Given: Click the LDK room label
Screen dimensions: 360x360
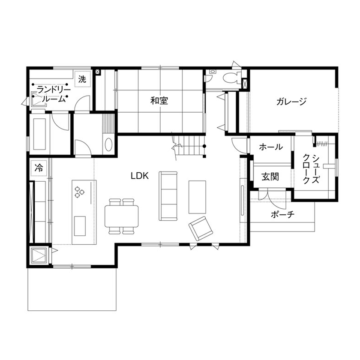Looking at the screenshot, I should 140,175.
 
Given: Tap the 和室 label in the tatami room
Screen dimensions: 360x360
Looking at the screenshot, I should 159,101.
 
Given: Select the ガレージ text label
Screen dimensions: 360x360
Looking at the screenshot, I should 292,102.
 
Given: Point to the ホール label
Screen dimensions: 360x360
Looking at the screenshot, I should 271,147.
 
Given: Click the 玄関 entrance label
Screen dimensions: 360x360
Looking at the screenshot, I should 271,176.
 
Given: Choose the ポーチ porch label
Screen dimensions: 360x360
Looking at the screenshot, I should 282,215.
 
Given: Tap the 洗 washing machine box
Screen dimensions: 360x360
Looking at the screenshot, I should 82,79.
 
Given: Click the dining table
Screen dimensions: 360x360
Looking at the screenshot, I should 122,216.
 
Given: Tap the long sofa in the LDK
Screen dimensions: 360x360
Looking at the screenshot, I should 168,195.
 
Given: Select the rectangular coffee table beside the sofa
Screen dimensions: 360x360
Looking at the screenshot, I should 198,197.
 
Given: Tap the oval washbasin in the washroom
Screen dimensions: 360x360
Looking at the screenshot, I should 108,144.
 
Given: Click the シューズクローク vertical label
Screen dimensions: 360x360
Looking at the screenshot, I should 310,168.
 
